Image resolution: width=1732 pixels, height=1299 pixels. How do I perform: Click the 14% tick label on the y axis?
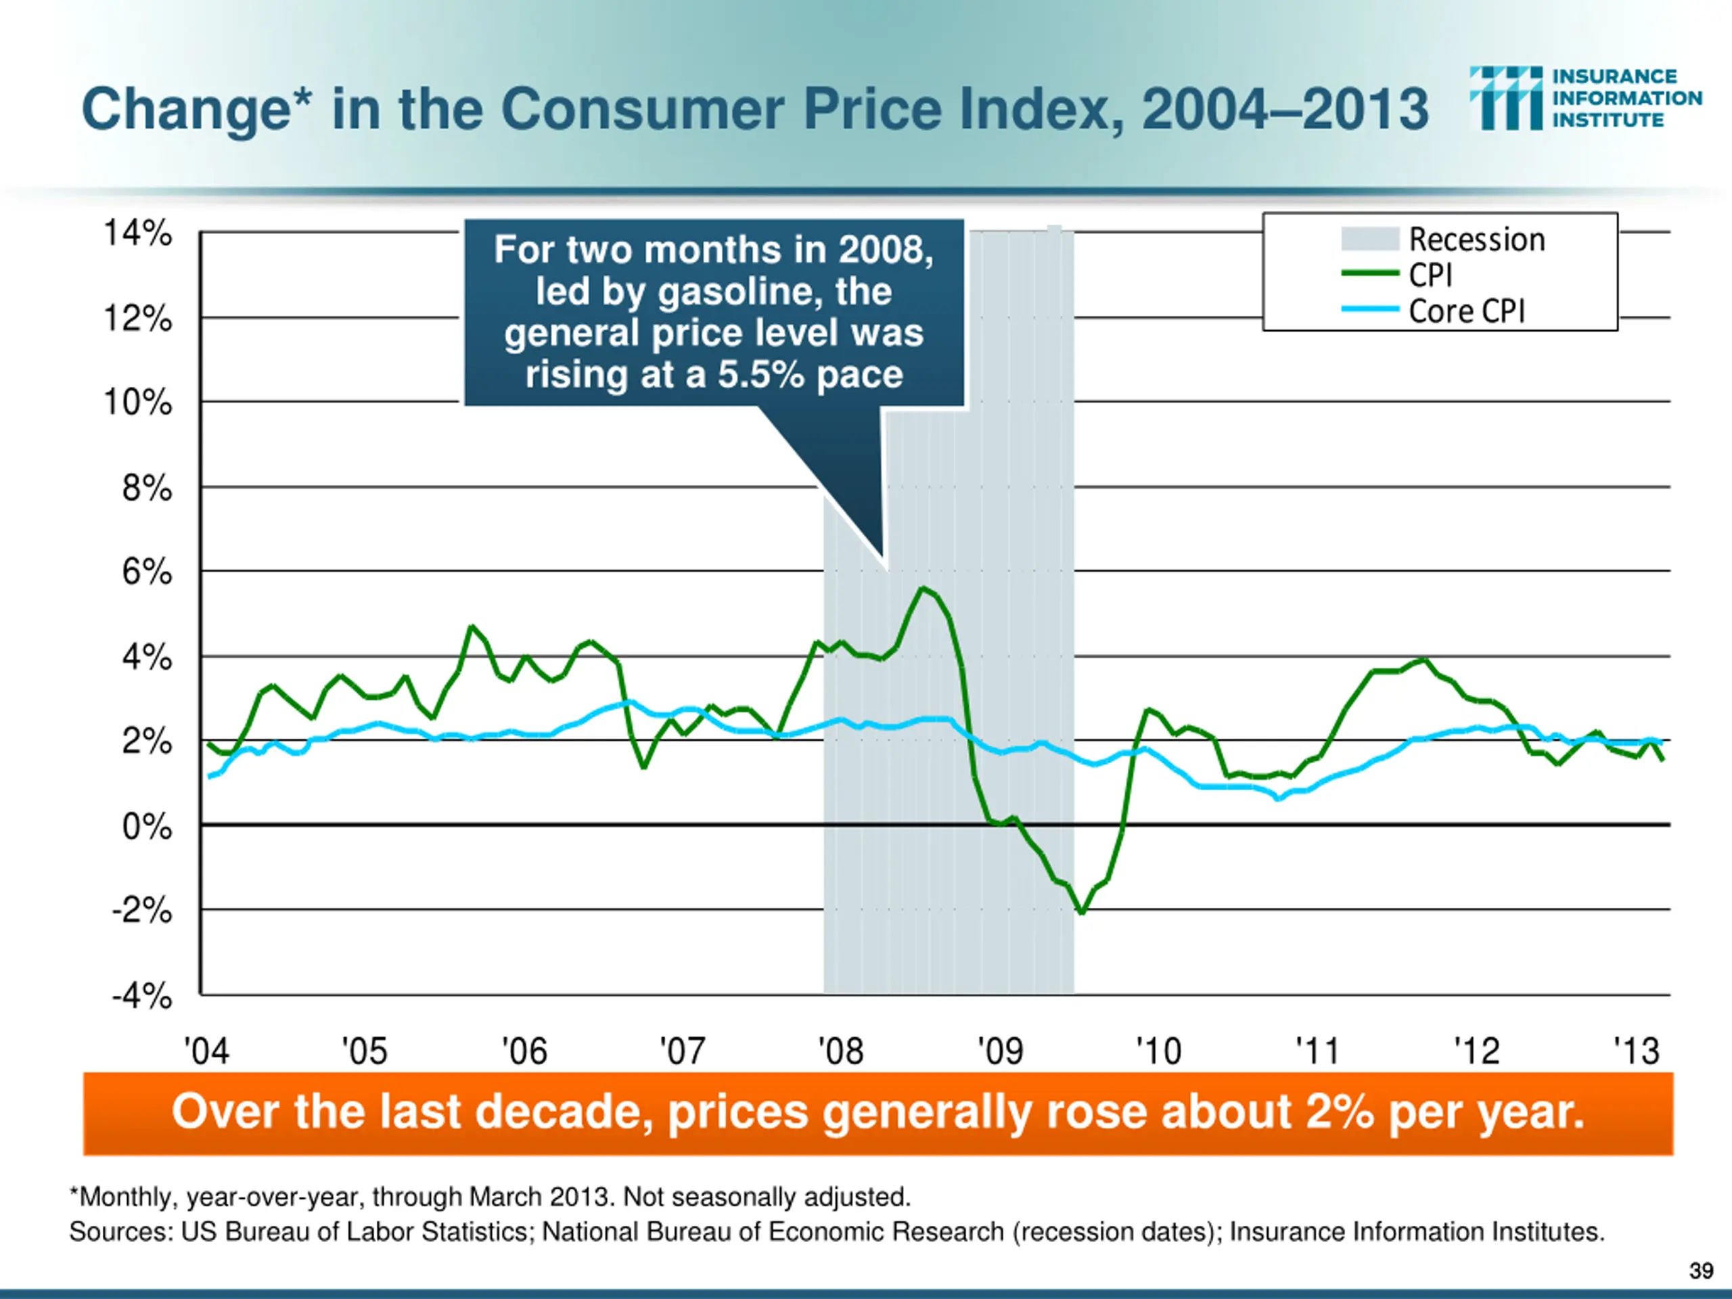pyautogui.click(x=138, y=233)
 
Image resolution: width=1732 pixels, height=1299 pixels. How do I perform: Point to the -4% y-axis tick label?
pyautogui.click(x=141, y=997)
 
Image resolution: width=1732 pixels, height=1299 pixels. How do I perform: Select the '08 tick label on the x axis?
pyautogui.click(x=840, y=1051)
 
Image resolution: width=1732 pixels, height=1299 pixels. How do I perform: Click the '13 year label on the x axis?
pyautogui.click(x=1636, y=1051)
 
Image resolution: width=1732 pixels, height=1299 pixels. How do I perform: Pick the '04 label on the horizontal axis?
pyautogui.click(x=207, y=1051)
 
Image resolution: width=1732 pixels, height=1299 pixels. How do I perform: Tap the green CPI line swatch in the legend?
pyautogui.click(x=1369, y=273)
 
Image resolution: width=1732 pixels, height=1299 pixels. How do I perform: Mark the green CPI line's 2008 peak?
pyautogui.click(x=923, y=588)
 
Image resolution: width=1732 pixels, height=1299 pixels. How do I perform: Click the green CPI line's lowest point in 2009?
pyautogui.click(x=1082, y=912)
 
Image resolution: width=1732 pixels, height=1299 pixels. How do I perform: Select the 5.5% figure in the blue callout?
pyautogui.click(x=760, y=374)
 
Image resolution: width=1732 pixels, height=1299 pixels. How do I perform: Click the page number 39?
pyautogui.click(x=1701, y=1271)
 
